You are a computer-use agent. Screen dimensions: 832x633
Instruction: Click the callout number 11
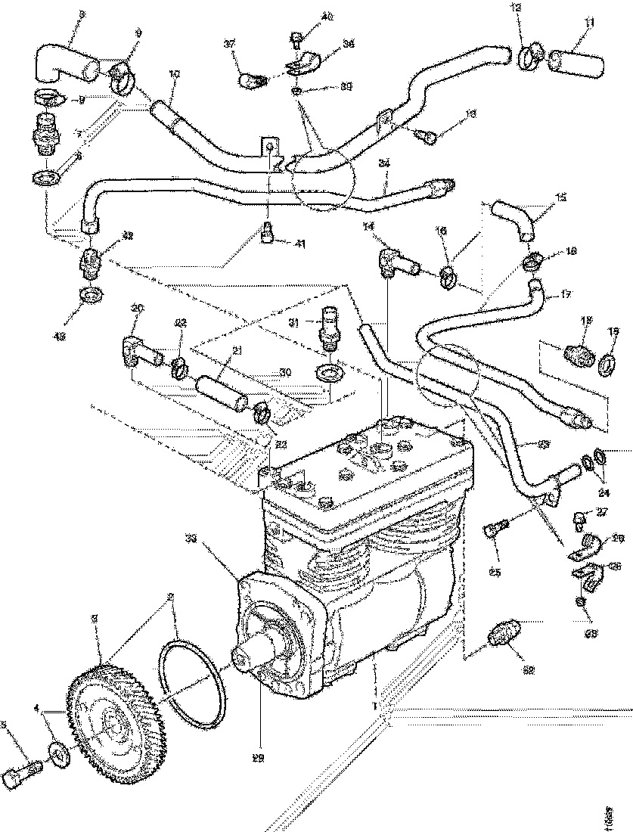pyautogui.click(x=589, y=23)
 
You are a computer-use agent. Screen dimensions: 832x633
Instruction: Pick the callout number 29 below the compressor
pyautogui.click(x=259, y=758)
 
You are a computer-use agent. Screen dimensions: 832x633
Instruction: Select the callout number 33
pyautogui.click(x=191, y=539)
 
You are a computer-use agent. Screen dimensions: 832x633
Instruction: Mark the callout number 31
pyautogui.click(x=296, y=322)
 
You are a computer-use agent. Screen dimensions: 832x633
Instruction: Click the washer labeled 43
pyautogui.click(x=90, y=293)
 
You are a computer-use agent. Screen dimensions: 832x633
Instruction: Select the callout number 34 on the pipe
pyautogui.click(x=384, y=162)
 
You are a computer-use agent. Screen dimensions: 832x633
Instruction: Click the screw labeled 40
pyautogui.click(x=296, y=36)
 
